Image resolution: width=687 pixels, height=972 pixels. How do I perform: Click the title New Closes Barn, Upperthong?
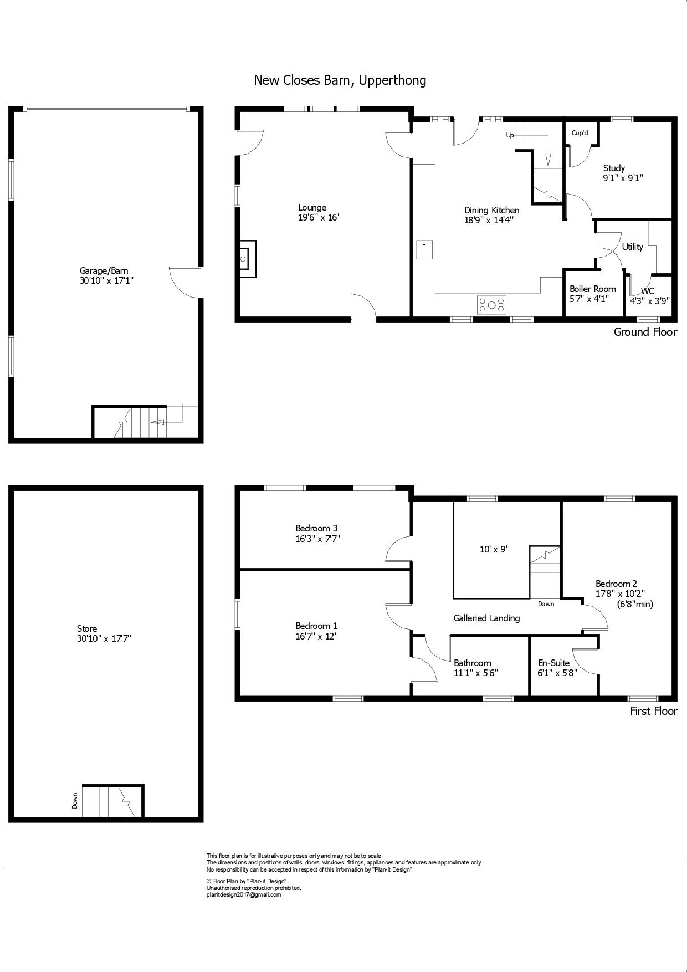pos(340,81)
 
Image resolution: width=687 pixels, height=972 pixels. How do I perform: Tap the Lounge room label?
pos(312,208)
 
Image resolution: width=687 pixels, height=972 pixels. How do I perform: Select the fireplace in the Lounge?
pos(248,259)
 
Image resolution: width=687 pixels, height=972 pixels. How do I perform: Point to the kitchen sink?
pos(424,249)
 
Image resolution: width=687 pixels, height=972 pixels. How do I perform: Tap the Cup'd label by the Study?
pos(580,133)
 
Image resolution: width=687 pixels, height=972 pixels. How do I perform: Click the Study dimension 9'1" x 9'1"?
pos(623,178)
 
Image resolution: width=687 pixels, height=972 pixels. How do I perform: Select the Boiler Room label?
pos(593,289)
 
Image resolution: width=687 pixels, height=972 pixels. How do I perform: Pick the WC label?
pos(648,291)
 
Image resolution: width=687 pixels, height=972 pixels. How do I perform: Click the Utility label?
pos(632,247)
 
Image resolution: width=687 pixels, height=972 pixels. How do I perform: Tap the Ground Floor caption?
pos(645,332)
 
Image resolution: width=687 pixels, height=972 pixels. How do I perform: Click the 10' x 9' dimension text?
pos(494,549)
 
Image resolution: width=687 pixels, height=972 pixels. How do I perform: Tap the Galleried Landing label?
pos(486,618)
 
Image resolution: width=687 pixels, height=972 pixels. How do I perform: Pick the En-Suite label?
pos(554,663)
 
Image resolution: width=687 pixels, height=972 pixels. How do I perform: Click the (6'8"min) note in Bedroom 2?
pos(635,604)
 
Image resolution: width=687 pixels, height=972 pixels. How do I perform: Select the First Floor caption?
pos(654,711)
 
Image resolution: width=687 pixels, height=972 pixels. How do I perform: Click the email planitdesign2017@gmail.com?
pos(244,894)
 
